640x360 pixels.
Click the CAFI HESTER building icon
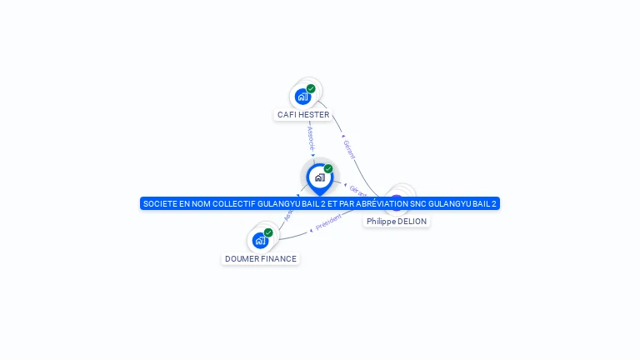tap(302, 96)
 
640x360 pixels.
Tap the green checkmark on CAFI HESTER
tap(311, 88)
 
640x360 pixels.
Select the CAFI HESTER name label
tap(303, 114)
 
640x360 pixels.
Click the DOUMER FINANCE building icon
tap(260, 240)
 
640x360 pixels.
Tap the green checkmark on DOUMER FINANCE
tap(268, 232)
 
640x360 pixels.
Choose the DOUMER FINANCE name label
tap(260, 258)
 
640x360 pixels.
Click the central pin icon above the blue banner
tap(319, 177)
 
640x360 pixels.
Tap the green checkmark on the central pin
tap(328, 169)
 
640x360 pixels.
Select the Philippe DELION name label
tap(397, 222)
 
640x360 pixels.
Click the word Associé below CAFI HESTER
tap(311, 137)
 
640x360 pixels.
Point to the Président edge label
tap(329, 220)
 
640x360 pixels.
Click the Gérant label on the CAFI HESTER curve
tap(350, 150)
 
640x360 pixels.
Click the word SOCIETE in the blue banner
tap(161, 203)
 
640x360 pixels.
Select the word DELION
tap(412, 222)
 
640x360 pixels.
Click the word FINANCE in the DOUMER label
tap(278, 258)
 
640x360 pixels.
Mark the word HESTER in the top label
tap(315, 114)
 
